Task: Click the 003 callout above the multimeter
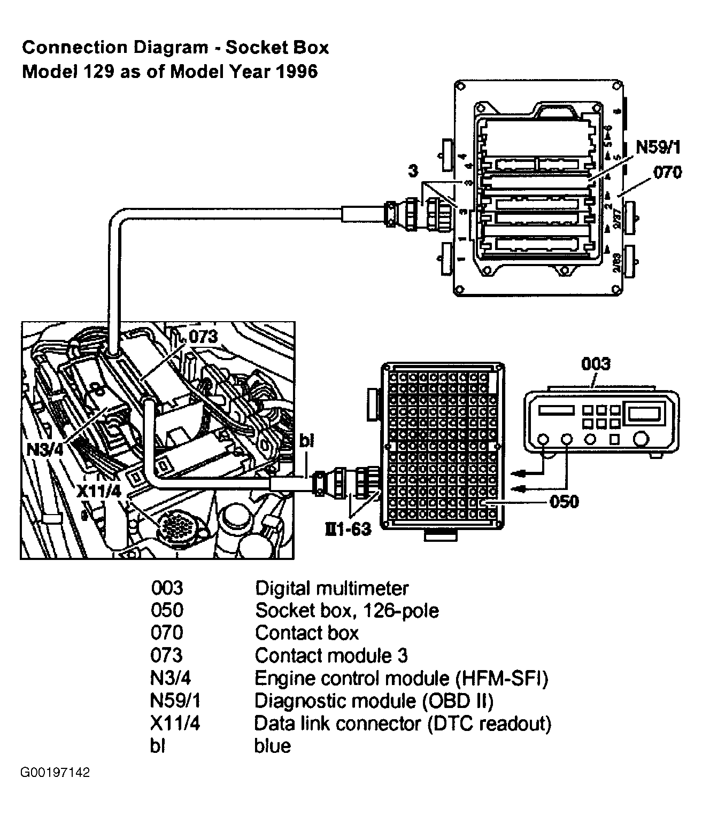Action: tap(595, 364)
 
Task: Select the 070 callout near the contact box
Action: tap(667, 172)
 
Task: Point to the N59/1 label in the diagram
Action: tap(658, 147)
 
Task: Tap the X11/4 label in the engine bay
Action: tap(98, 492)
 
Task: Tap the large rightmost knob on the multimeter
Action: tap(640, 439)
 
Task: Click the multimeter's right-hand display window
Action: tap(644, 413)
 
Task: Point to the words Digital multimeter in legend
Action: tap(331, 588)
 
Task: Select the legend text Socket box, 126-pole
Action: tap(346, 610)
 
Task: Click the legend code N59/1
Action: tap(176, 701)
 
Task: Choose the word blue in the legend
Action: tap(272, 745)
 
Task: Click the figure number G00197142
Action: tap(55, 788)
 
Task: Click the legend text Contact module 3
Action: tap(331, 655)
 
